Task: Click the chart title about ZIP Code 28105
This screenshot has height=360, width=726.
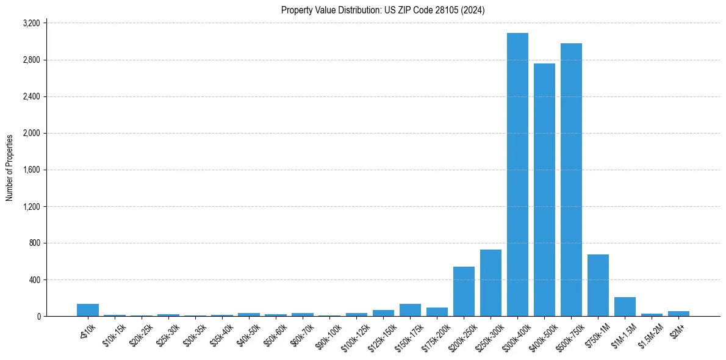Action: (383, 10)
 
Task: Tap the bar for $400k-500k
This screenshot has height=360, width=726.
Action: (544, 190)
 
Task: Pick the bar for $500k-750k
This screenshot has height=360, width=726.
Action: (571, 180)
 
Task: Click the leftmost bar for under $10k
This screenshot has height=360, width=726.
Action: (88, 310)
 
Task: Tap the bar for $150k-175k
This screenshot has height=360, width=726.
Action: (410, 310)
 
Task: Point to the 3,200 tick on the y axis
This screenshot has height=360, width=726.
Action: (31, 23)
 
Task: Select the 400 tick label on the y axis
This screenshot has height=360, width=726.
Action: (34, 279)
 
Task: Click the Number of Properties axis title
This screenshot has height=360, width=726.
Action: (10, 168)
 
